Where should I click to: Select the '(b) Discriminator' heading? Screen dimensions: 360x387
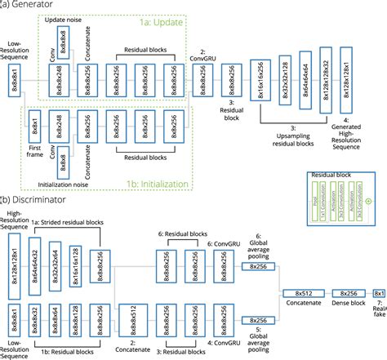tap(36, 198)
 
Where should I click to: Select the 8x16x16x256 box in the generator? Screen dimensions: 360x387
tap(260, 84)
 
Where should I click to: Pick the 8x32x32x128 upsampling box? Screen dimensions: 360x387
tap(285, 78)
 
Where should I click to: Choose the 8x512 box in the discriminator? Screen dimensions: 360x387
tap(300, 293)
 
